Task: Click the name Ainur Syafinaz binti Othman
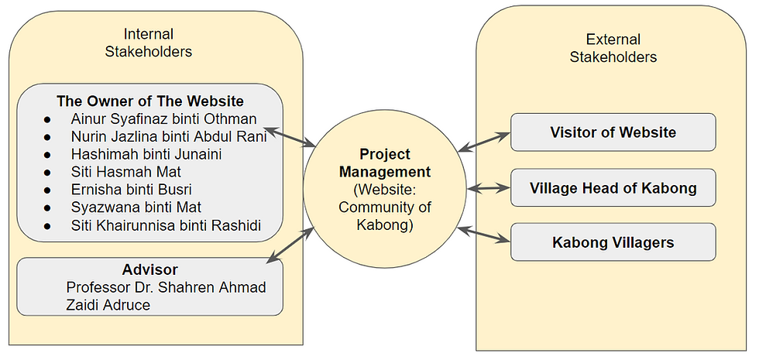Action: [163, 119]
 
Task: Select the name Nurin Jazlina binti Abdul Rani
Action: [169, 137]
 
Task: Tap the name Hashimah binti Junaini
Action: [146, 154]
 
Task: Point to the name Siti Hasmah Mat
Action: [125, 172]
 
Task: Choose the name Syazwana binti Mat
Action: [136, 207]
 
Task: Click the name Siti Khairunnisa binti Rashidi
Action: [166, 225]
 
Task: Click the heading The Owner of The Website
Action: [150, 101]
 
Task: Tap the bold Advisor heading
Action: [150, 269]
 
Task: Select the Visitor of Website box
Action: [613, 132]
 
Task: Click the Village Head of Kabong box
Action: [613, 187]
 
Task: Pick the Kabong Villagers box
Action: [613, 242]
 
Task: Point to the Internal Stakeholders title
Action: [149, 43]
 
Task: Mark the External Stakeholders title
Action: [613, 48]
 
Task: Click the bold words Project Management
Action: [385, 163]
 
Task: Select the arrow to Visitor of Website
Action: [484, 142]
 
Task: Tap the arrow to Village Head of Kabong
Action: [489, 188]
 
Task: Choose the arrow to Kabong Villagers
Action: [484, 234]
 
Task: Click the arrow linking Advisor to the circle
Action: [290, 245]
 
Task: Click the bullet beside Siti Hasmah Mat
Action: [47, 172]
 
